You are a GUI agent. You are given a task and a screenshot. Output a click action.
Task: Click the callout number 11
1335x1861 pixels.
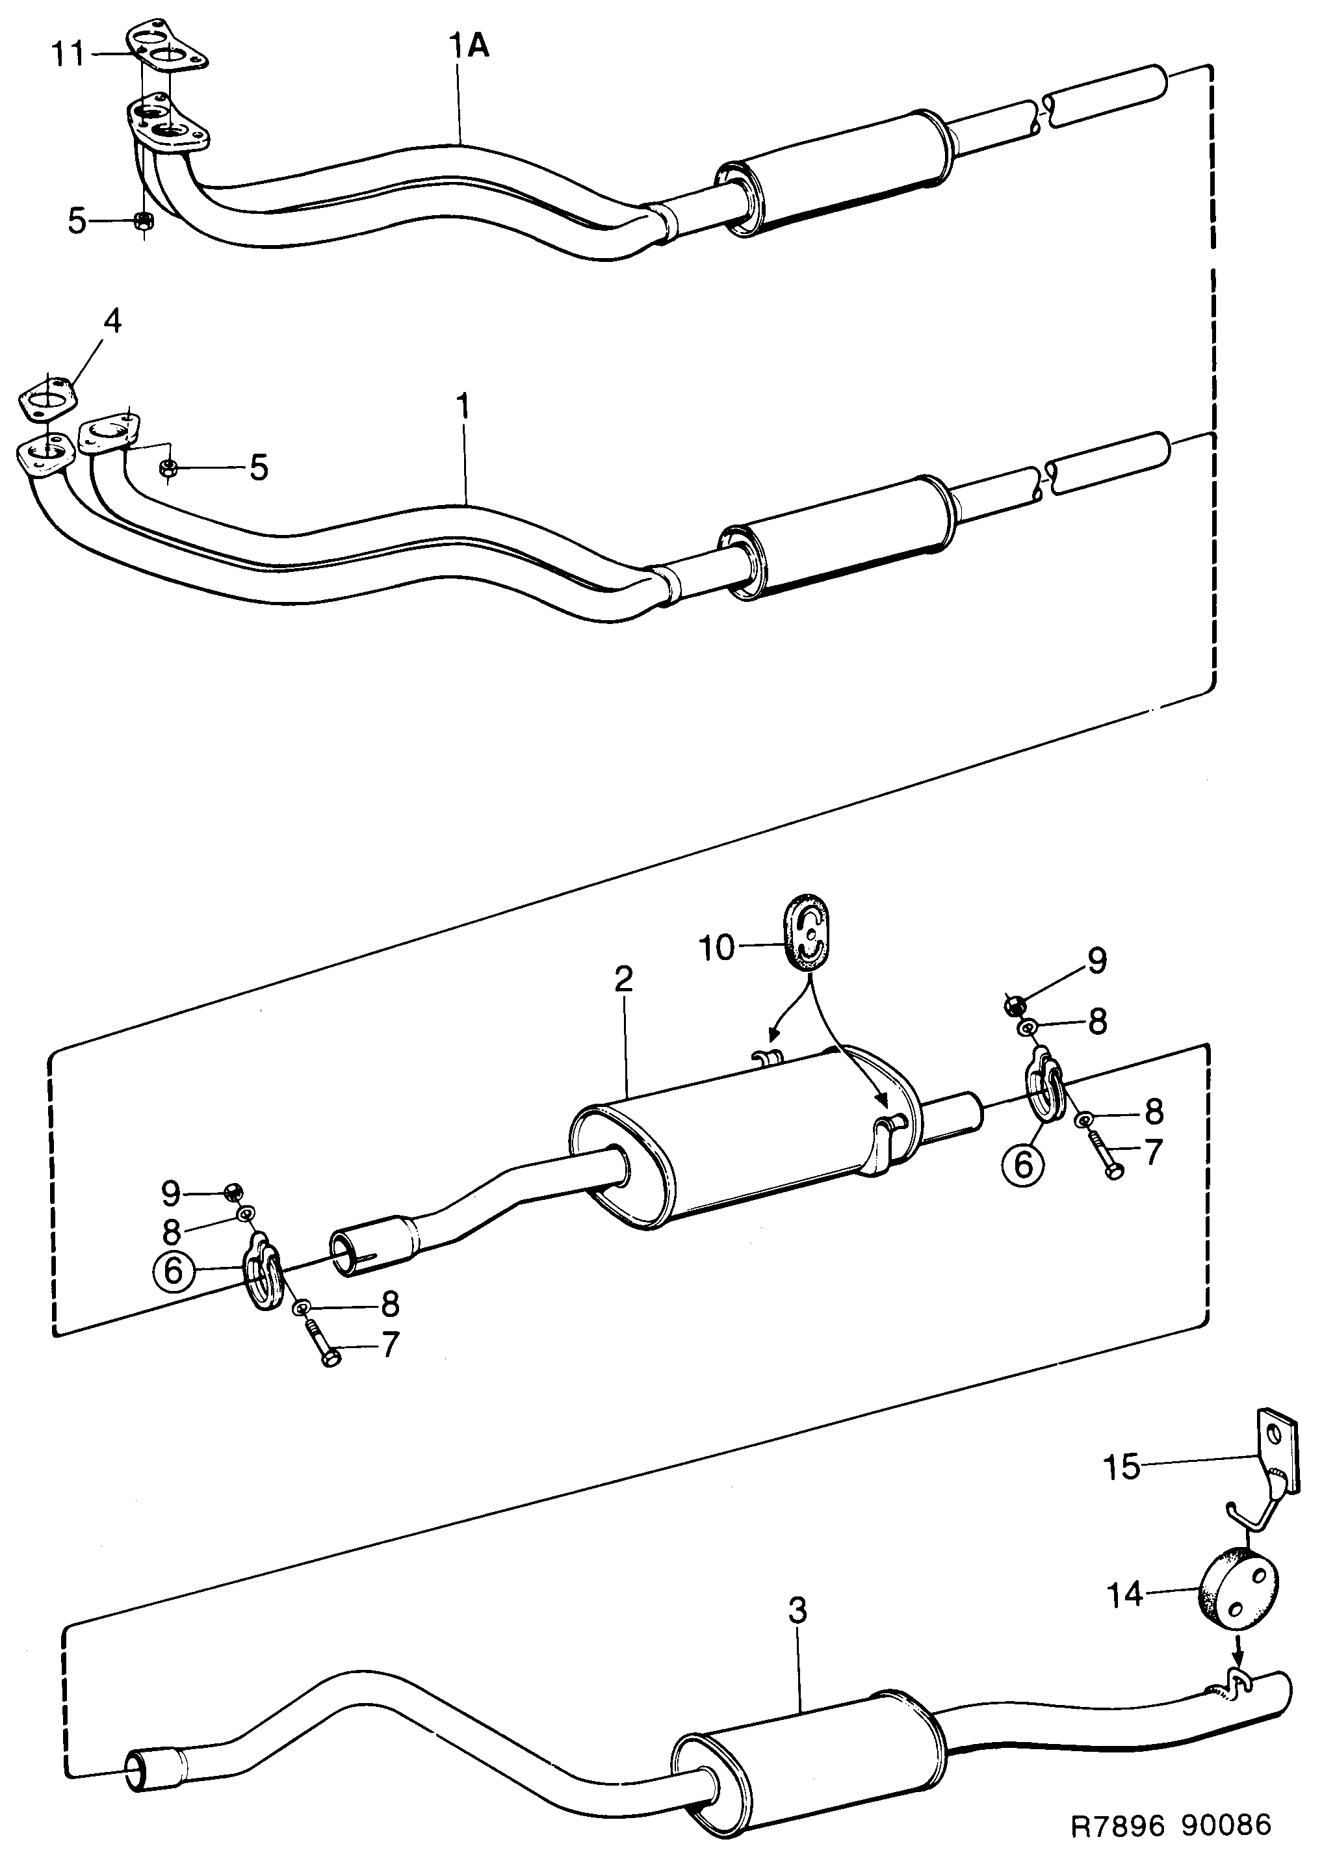(68, 55)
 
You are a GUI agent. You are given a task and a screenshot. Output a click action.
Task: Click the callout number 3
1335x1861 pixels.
(797, 1610)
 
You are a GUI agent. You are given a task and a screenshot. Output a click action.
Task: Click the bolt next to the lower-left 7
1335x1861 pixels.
(322, 1342)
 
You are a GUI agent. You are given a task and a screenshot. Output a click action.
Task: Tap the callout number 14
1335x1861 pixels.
(1125, 1595)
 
